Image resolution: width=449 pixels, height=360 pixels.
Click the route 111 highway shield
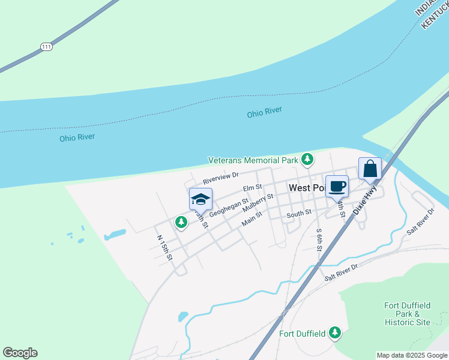(46, 46)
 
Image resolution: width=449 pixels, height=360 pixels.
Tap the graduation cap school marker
(200, 199)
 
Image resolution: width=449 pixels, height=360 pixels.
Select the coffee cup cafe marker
(337, 186)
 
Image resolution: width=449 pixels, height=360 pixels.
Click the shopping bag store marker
(370, 169)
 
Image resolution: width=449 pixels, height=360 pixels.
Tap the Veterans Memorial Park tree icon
(307, 159)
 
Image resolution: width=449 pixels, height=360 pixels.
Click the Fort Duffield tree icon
(334, 332)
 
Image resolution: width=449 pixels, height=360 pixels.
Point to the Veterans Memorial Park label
(253, 160)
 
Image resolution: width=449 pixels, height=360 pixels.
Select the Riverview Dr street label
(220, 178)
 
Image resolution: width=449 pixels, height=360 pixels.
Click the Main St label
(252, 219)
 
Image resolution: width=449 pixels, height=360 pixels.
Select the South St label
(299, 213)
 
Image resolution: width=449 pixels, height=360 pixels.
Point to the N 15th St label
(164, 247)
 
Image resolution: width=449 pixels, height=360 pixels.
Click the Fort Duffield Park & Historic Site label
(408, 314)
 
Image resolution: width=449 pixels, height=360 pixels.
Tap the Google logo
(20, 353)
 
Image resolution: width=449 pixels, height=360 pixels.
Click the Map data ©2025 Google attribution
(412, 355)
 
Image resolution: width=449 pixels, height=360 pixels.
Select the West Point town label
(307, 188)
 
